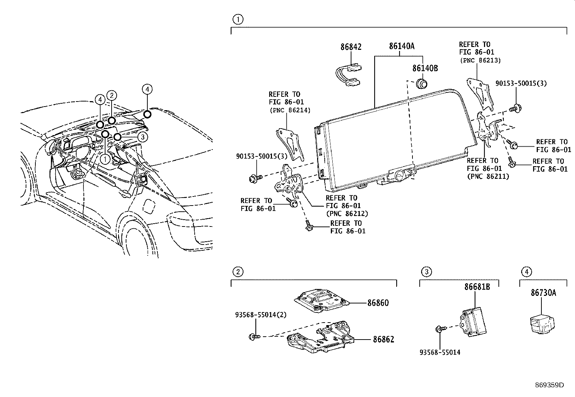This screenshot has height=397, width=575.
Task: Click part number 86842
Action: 351,47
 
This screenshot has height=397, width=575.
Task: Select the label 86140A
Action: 401,47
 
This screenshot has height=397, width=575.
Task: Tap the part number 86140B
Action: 425,68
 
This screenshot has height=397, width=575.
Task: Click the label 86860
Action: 378,303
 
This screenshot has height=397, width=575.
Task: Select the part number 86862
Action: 383,339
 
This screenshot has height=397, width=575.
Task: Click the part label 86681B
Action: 477,287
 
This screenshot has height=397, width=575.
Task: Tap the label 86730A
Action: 543,293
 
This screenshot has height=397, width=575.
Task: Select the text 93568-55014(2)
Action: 261,315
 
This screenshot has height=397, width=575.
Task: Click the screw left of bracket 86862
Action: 254,337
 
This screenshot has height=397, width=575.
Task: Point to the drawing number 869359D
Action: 549,385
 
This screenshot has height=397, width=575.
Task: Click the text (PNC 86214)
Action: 289,110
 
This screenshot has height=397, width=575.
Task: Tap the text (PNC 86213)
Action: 480,60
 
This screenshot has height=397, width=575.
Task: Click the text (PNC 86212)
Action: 347,213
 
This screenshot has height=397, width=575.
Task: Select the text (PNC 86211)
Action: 488,176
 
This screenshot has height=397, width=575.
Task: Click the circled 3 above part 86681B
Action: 427,272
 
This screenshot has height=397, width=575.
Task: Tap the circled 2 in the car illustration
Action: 112,96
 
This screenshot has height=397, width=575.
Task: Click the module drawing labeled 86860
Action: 320,300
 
